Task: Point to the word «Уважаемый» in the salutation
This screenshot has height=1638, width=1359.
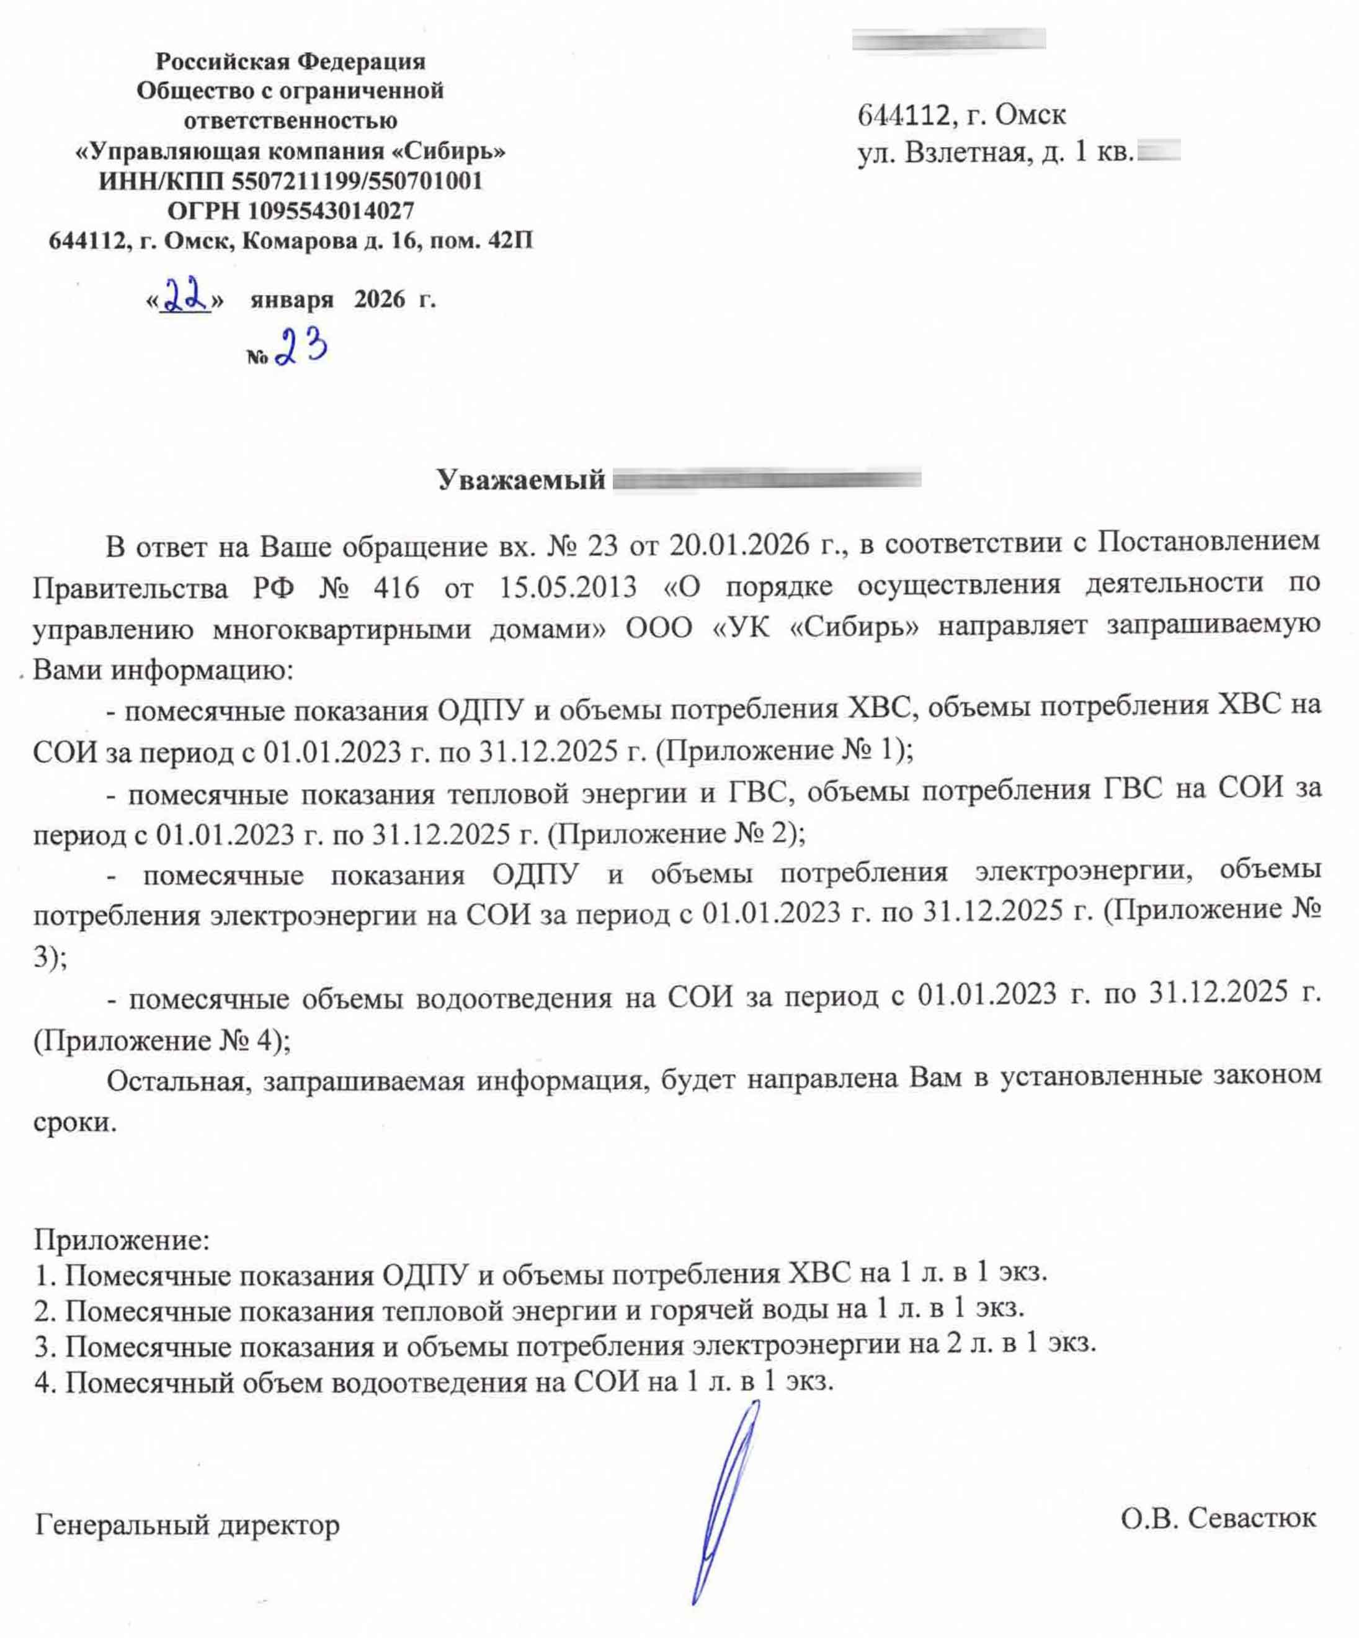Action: click(x=521, y=480)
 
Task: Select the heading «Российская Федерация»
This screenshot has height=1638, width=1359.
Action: click(x=291, y=61)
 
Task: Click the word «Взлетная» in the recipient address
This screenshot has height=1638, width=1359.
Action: click(x=965, y=152)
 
